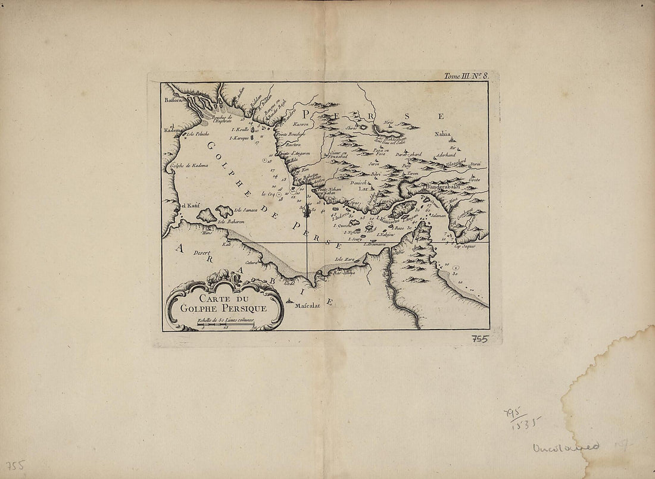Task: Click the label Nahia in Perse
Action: point(442,134)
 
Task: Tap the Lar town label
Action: point(363,188)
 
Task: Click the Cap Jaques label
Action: point(466,246)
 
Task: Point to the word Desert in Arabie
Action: point(204,253)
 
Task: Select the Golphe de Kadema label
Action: point(189,165)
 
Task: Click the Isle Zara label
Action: point(345,259)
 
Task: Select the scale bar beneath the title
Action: point(226,324)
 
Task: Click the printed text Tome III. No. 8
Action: point(466,76)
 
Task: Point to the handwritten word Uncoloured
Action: point(566,446)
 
